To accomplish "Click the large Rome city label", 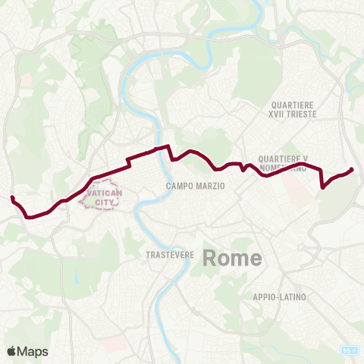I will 232,258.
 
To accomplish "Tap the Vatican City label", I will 102,199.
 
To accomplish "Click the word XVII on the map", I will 278,113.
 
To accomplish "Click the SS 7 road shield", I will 348,351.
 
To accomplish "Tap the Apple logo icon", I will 11,351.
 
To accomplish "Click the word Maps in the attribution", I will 33,351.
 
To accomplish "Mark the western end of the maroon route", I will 12,198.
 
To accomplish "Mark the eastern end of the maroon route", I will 352,169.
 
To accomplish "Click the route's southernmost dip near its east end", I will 323,187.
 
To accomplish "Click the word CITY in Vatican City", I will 102,204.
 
